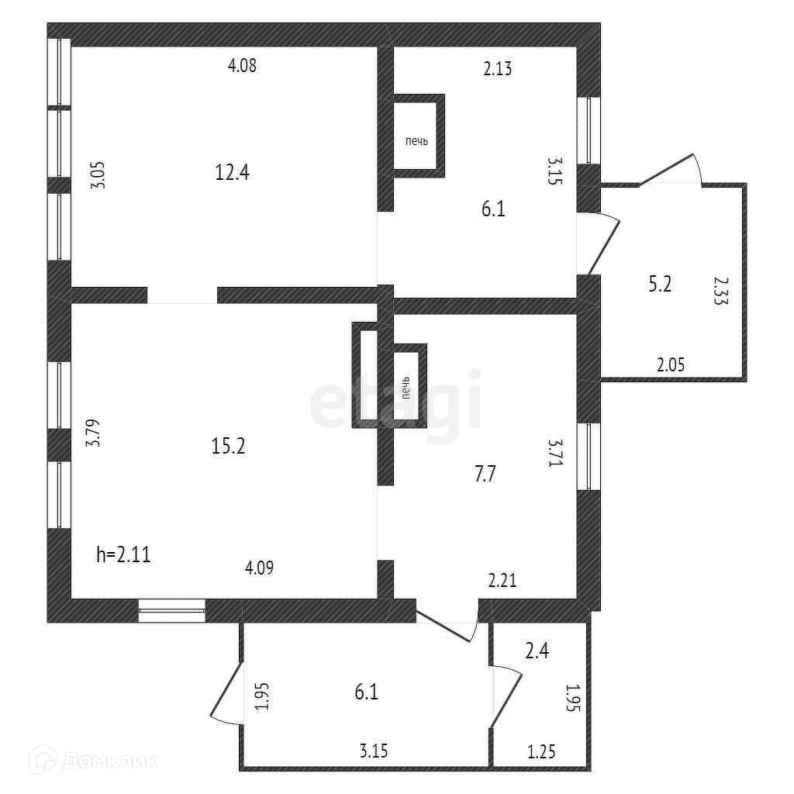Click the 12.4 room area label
coord(232,172)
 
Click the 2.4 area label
coord(538,651)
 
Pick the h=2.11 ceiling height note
coord(123,554)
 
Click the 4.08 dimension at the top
coord(242,66)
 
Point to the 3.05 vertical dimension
coord(97,174)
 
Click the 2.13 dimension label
coord(498,69)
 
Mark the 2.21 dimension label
coord(502,579)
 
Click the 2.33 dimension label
coord(720,292)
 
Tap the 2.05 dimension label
coord(671,365)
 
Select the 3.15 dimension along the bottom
coord(374,751)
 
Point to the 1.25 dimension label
coord(542,751)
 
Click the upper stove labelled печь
coord(417,141)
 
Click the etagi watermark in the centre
coord(395,401)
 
